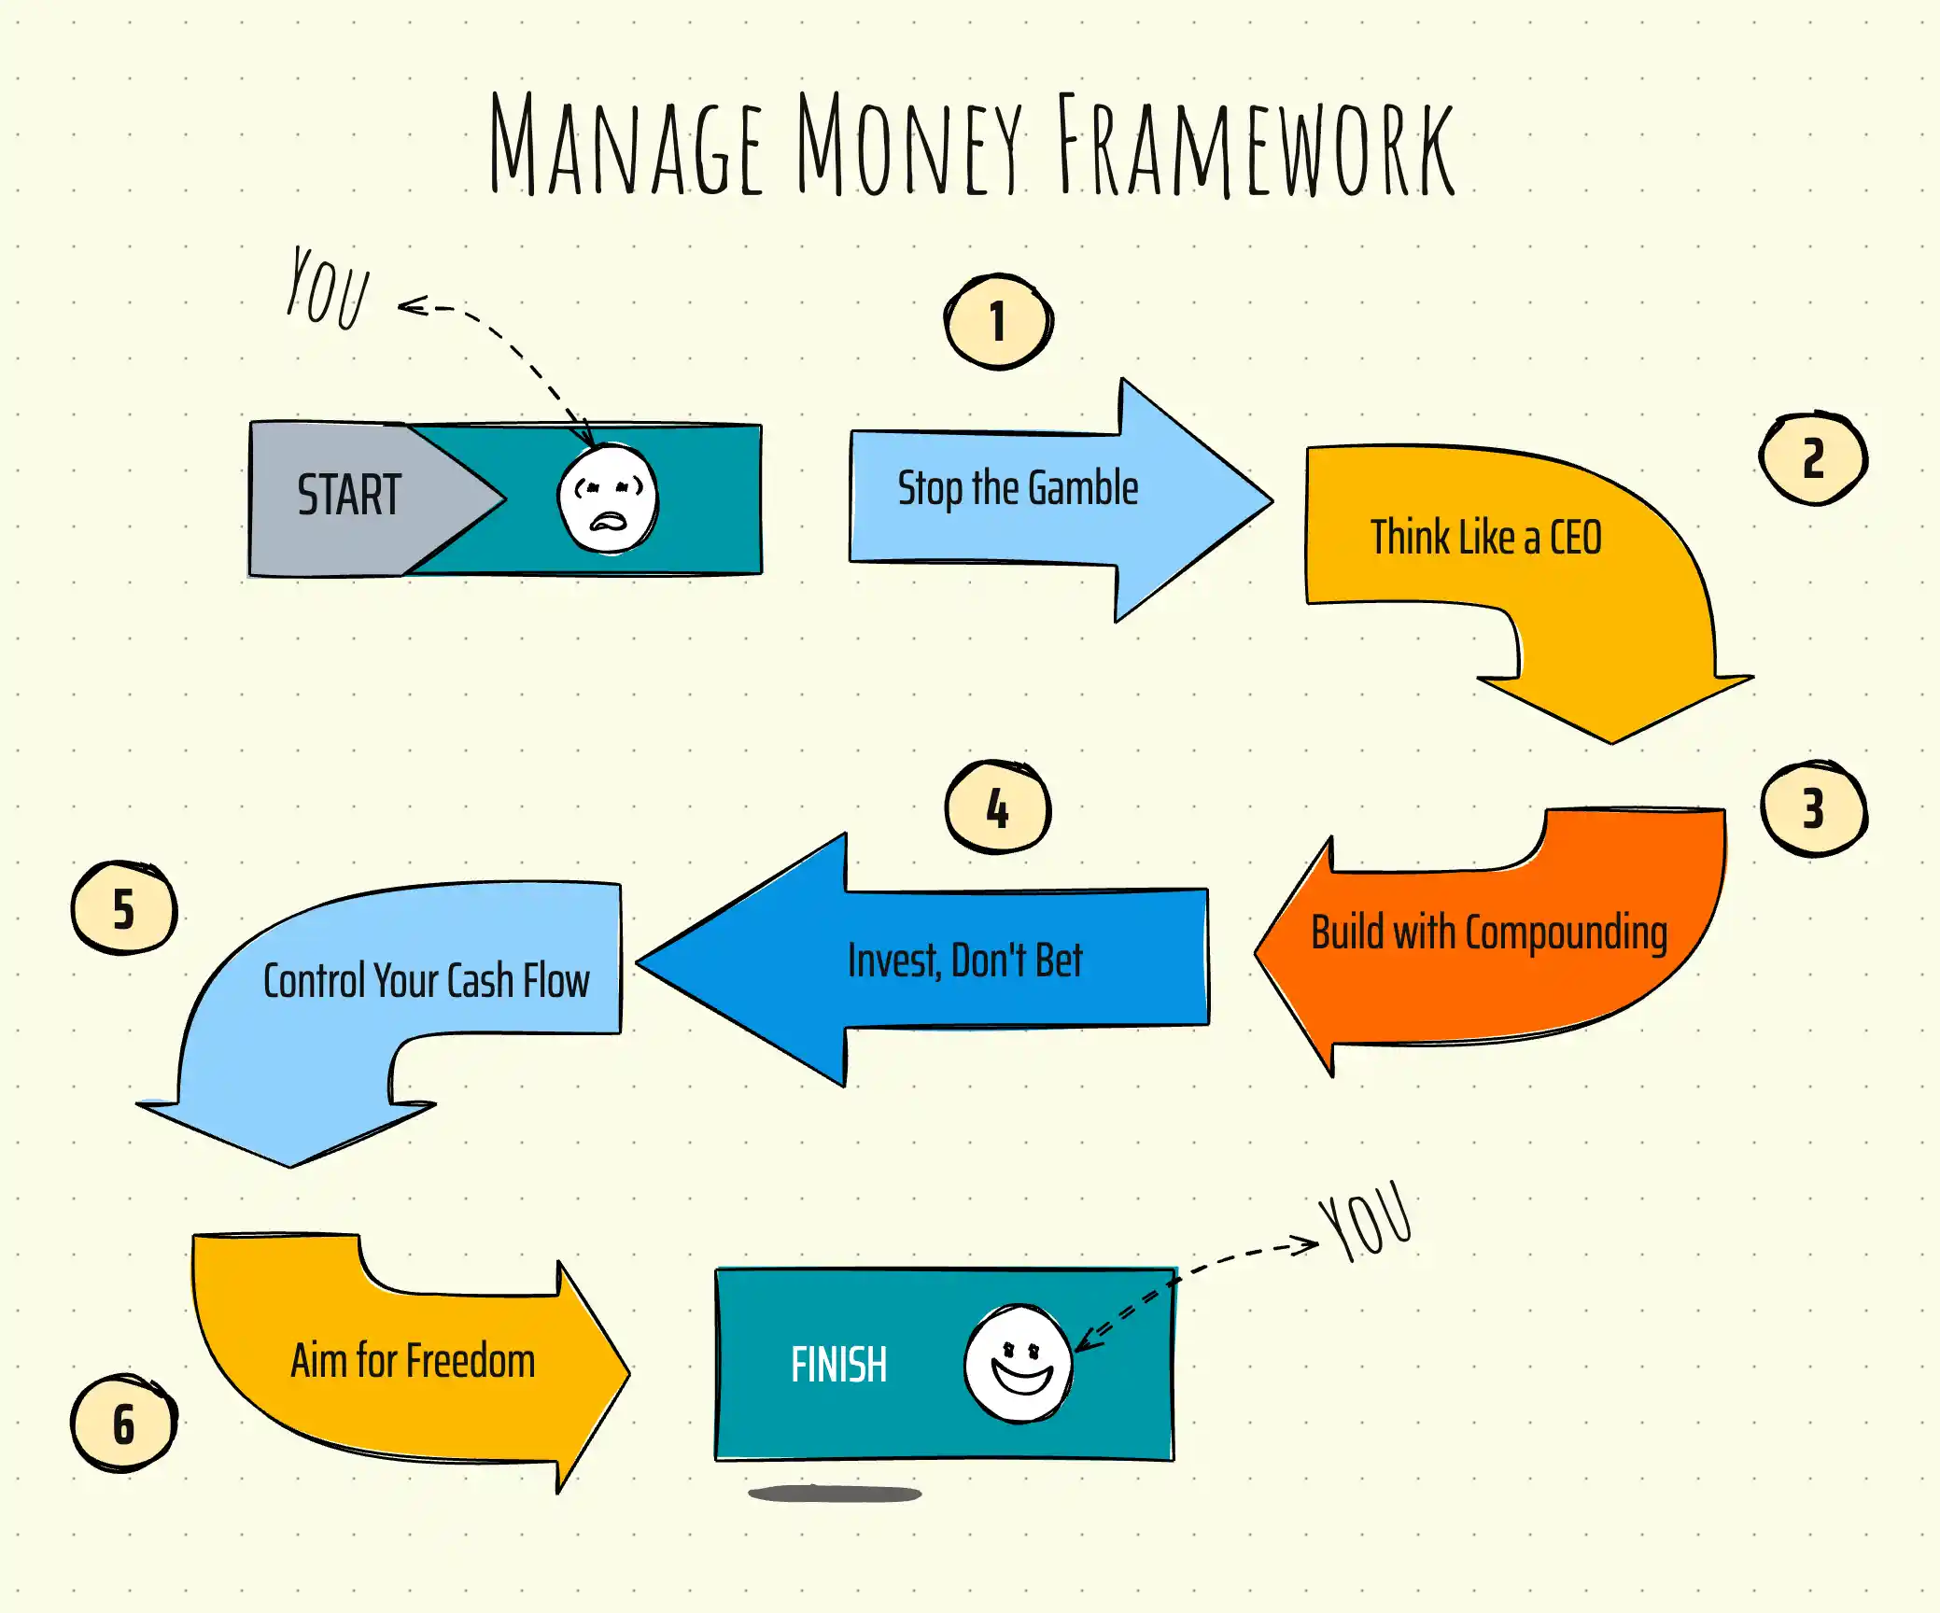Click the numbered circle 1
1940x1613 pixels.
point(998,321)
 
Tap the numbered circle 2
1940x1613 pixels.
point(1813,458)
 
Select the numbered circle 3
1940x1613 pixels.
point(1813,808)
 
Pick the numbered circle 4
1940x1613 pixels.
point(997,807)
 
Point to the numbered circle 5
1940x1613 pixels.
point(124,907)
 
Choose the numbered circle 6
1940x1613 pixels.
point(124,1424)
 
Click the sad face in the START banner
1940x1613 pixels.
point(608,498)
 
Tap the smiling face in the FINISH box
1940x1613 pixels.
point(1019,1364)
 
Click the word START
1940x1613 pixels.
point(349,495)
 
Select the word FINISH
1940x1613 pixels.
point(838,1365)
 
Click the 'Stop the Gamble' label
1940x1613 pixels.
point(1018,489)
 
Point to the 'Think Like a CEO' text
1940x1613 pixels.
point(1485,537)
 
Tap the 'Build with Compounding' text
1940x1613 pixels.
point(1489,933)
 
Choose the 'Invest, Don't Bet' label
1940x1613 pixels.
point(964,961)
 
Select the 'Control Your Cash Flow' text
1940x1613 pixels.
point(426,980)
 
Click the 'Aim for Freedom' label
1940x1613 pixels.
point(413,1360)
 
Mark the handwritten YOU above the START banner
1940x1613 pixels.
point(328,288)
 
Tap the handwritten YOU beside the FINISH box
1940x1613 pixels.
point(1366,1221)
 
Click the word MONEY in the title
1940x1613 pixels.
point(909,144)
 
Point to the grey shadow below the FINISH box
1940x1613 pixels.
point(835,1494)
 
